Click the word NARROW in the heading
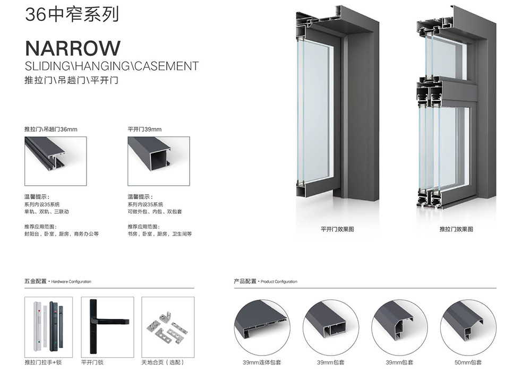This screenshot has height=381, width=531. [73, 48]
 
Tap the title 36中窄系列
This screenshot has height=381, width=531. [72, 14]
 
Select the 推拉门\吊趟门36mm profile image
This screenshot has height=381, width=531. [56, 161]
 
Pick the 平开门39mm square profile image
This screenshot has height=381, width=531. [158, 161]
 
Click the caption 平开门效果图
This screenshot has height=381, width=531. [337, 229]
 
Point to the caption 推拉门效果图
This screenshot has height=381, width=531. [456, 229]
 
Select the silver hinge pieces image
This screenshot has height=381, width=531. [168, 327]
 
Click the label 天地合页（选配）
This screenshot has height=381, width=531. [163, 362]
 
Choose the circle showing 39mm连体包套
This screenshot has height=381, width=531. [262, 327]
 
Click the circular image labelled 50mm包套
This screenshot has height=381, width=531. [468, 327]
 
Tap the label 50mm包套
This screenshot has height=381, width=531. [468, 362]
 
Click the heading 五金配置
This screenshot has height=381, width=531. [36, 281]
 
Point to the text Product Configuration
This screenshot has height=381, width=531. [279, 282]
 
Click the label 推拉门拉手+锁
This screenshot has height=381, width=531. [43, 362]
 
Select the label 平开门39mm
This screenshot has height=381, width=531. [144, 129]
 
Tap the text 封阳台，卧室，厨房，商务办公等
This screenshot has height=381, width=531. [61, 234]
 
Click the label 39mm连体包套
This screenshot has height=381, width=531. [262, 362]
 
